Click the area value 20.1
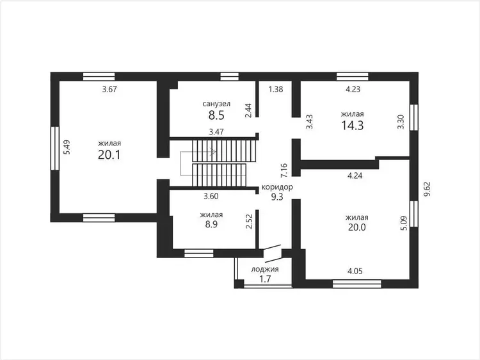click(109, 155)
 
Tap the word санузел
click(216, 104)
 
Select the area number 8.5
click(216, 115)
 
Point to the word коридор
click(277, 187)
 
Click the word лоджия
click(265, 269)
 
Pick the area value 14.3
click(353, 126)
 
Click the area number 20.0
click(357, 227)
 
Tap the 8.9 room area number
click(211, 224)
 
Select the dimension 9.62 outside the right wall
click(428, 190)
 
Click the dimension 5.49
click(67, 147)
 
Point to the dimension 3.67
click(109, 90)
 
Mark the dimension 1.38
click(276, 90)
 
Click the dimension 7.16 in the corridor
click(284, 170)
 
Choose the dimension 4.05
click(355, 271)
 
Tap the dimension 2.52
click(249, 221)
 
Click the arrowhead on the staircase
click(214, 152)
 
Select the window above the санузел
click(230, 76)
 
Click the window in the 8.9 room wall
click(198, 253)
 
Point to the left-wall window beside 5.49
click(55, 148)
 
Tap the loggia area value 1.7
click(265, 279)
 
